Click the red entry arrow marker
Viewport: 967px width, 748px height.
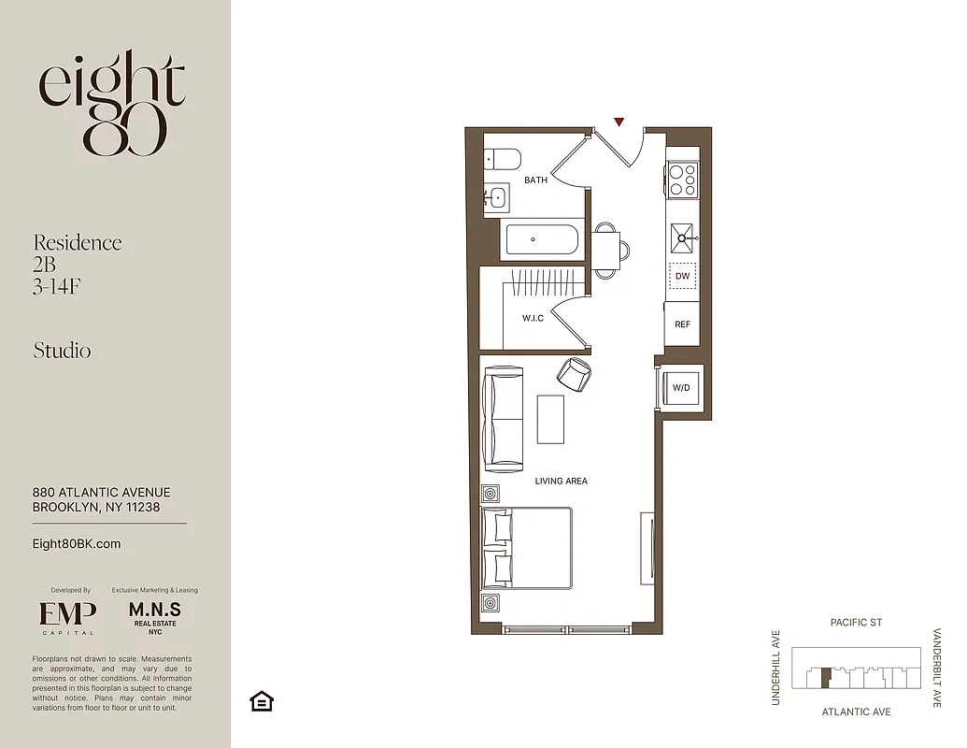pos(619,122)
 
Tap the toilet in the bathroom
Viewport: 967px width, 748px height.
pos(502,159)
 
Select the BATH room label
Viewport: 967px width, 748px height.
pos(535,180)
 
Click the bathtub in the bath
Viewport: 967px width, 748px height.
pos(542,240)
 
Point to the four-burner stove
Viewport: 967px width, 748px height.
pos(683,179)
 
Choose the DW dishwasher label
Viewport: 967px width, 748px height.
pos(683,277)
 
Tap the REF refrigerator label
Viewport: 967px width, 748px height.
pos(683,324)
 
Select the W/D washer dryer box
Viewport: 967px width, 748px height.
pos(681,387)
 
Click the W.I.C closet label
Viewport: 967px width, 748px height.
pos(533,319)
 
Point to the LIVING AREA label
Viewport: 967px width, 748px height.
pos(562,482)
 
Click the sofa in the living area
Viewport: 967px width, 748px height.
pos(503,418)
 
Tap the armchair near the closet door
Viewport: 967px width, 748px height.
pos(574,375)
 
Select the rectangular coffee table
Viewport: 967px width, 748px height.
pos(551,420)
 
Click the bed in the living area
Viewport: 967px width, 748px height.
pos(528,548)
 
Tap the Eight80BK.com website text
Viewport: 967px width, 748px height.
pos(77,544)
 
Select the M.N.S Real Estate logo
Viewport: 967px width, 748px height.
pos(154,617)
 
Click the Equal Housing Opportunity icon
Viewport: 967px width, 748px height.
pos(262,701)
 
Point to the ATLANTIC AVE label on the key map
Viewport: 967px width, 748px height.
pos(856,712)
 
